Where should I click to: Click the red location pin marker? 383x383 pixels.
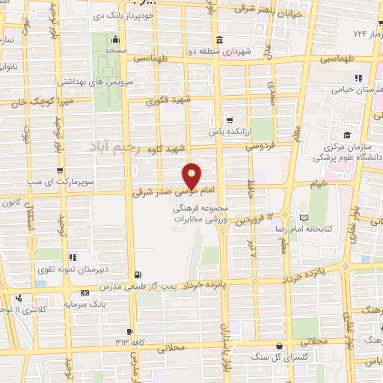point(192,175)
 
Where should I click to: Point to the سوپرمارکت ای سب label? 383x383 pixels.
point(38,182)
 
